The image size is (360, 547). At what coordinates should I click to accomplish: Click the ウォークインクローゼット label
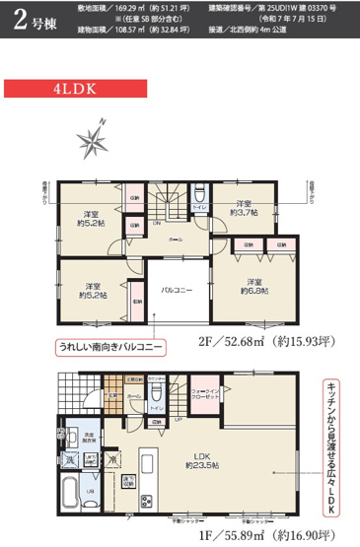click(x=203, y=392)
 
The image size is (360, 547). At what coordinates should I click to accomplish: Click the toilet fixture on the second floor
click(x=198, y=192)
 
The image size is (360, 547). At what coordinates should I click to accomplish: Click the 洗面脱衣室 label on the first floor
click(x=88, y=438)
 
